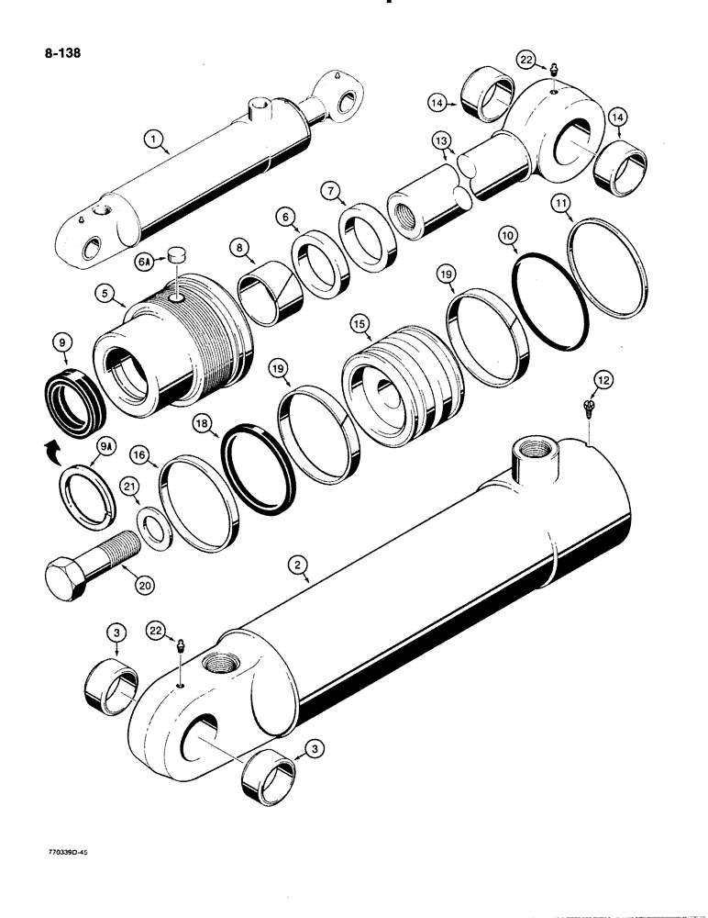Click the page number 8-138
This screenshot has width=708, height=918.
[58, 52]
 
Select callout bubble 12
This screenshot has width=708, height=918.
[588, 380]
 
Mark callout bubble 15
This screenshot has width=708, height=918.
[359, 325]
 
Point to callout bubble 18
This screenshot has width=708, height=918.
[200, 422]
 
